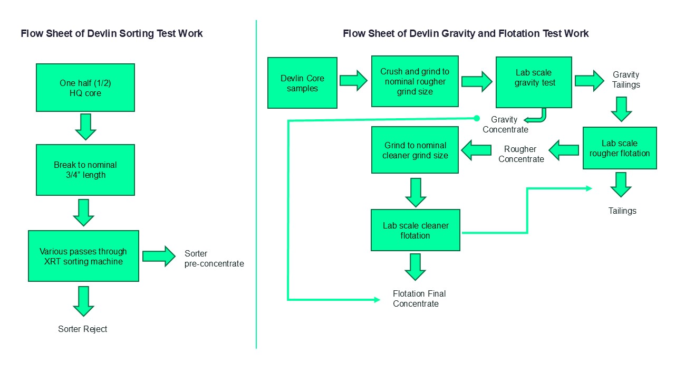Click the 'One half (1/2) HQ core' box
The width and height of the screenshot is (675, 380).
[x=85, y=88]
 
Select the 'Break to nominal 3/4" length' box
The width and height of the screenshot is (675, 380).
[x=85, y=170]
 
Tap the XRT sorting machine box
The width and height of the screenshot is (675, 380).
[x=83, y=256]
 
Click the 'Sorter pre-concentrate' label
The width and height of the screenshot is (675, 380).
[x=214, y=259]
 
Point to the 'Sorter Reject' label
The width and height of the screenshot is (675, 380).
[x=82, y=329]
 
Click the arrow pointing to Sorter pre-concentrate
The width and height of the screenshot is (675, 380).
[x=159, y=256]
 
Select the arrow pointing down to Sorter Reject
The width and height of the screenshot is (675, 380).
[x=83, y=301]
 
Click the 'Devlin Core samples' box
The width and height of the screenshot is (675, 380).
[x=302, y=83]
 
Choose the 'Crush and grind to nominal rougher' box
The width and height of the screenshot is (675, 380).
[x=414, y=81]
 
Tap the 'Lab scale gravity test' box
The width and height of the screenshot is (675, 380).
[x=534, y=82]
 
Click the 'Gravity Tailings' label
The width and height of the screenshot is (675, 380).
[x=626, y=80]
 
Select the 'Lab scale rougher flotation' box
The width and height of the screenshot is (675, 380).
[x=620, y=148]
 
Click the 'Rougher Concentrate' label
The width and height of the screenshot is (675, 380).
[x=520, y=154]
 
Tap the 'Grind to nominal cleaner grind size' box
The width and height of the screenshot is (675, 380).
[x=415, y=150]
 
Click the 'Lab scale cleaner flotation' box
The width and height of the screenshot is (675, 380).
[x=416, y=230]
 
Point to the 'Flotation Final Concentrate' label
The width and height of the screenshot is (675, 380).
[x=419, y=299]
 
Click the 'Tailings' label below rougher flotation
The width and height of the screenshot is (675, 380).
[x=622, y=211]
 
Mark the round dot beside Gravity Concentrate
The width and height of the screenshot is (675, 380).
[x=476, y=118]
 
